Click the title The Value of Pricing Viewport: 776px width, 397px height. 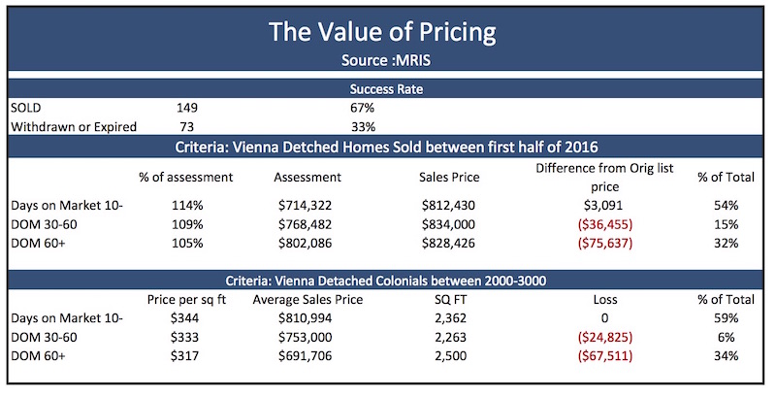(387, 31)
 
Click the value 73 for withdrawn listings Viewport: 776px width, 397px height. (188, 125)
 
